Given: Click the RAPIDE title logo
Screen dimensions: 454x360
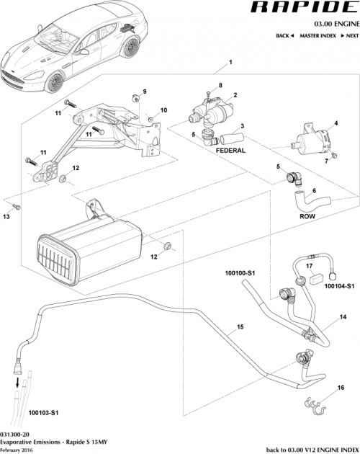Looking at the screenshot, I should coord(302,9).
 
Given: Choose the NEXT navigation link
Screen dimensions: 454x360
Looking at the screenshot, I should coord(348,35).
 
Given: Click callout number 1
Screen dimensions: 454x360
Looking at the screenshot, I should coord(230,63).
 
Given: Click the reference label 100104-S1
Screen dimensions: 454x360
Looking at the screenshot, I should coord(338,286).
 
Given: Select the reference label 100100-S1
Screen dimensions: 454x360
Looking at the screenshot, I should coord(240,274).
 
